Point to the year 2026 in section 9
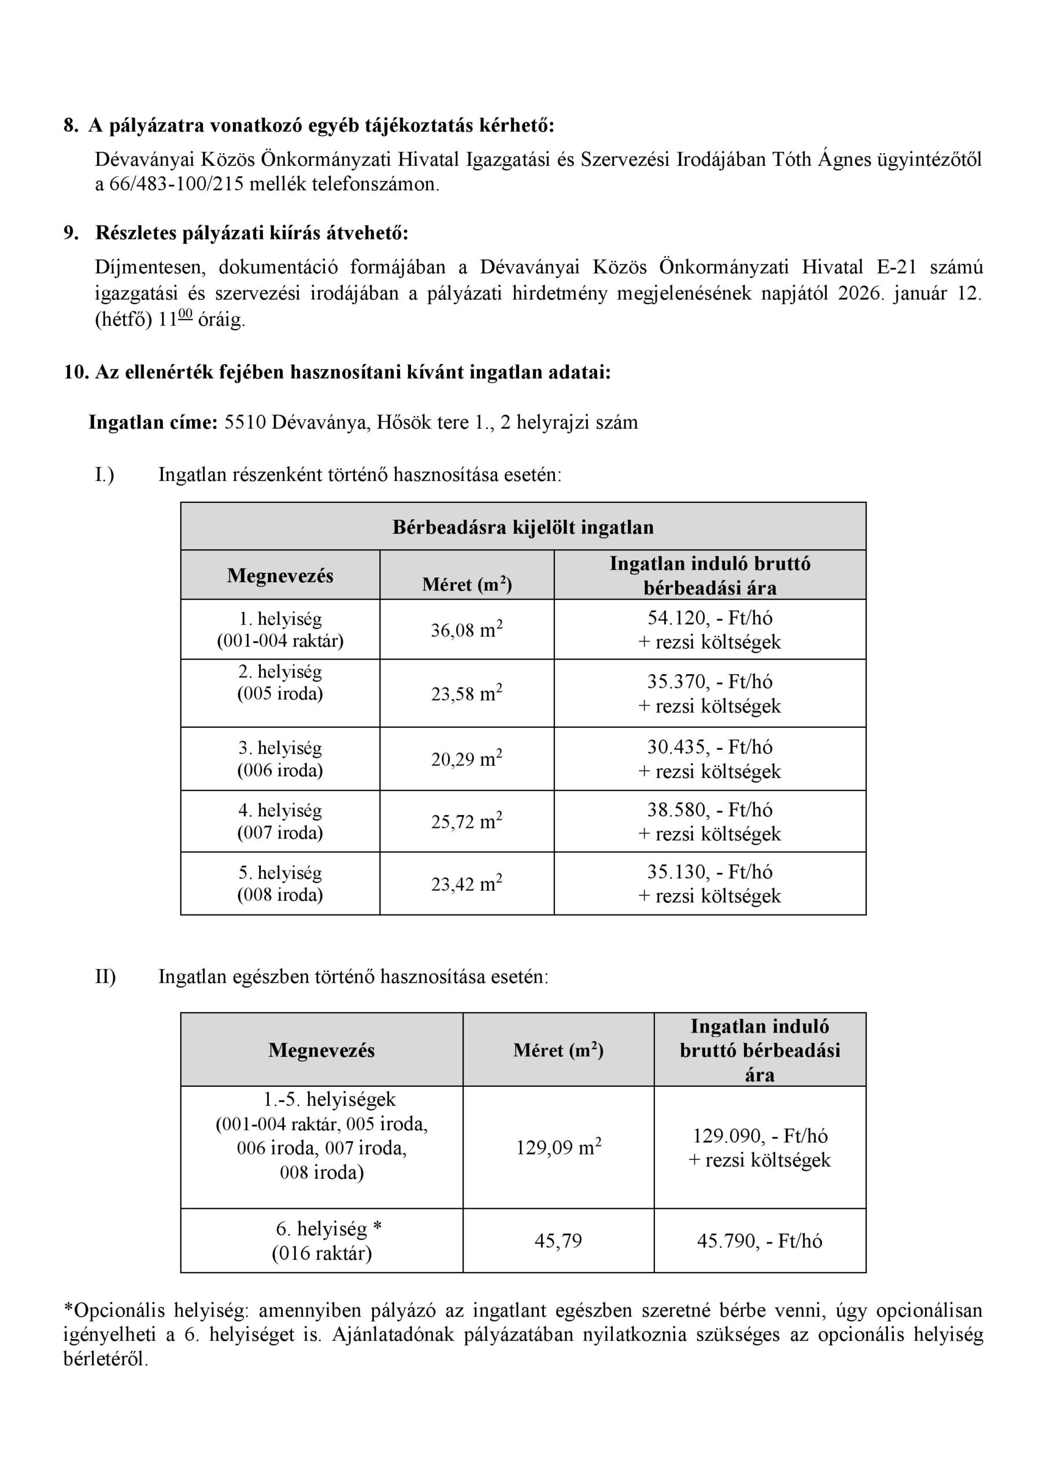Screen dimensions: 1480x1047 (x=860, y=293)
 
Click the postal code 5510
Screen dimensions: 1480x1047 (x=245, y=422)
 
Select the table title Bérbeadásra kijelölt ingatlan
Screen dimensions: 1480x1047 (x=523, y=527)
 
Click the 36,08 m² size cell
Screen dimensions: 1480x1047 (x=467, y=629)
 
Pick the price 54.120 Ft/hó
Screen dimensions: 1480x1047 (x=709, y=617)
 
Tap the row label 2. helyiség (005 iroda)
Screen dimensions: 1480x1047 (x=280, y=682)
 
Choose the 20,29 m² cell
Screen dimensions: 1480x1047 (x=467, y=758)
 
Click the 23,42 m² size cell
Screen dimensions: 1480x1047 (x=467, y=884)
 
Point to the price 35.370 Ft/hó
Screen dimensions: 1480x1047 (x=709, y=682)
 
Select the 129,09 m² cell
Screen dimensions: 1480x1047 (x=558, y=1148)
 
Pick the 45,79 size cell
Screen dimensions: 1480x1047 (x=558, y=1240)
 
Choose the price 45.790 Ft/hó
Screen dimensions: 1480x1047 (x=760, y=1240)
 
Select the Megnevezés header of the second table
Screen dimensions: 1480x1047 (x=321, y=1050)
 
